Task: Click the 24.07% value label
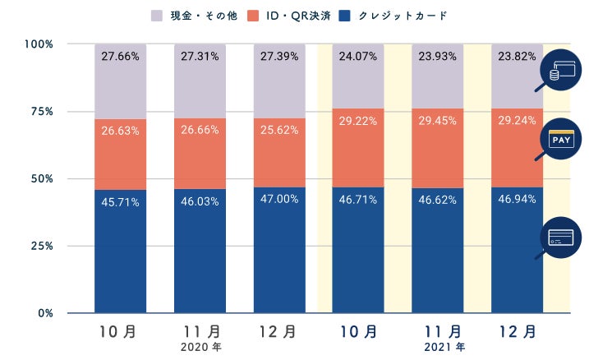(x=360, y=58)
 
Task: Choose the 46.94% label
(x=518, y=200)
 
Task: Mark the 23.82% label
(x=518, y=58)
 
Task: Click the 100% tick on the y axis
(x=39, y=44)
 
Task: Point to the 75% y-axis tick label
(x=43, y=111)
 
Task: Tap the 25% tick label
(x=43, y=246)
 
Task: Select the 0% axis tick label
(x=46, y=313)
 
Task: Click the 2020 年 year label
(x=201, y=348)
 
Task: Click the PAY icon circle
(x=563, y=141)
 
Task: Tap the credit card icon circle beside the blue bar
(x=563, y=237)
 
